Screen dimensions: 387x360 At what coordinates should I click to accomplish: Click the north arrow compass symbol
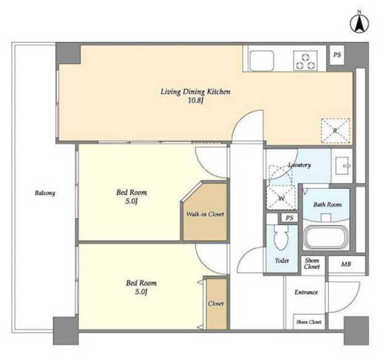pyautogui.click(x=359, y=23)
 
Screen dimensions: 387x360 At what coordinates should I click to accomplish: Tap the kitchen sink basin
pyautogui.click(x=262, y=60)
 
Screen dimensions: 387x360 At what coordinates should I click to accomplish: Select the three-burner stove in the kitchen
pyautogui.click(x=305, y=60)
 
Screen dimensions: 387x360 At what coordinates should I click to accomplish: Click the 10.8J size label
pyautogui.click(x=196, y=101)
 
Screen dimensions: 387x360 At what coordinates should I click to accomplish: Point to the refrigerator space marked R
pyautogui.click(x=335, y=130)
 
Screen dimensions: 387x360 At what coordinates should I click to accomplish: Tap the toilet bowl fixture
pyautogui.click(x=281, y=237)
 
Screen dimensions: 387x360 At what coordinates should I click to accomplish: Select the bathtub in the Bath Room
pyautogui.click(x=326, y=238)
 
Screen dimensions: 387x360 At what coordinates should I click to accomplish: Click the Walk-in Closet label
pyautogui.click(x=205, y=214)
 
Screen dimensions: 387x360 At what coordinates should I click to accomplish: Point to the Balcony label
pyautogui.click(x=45, y=193)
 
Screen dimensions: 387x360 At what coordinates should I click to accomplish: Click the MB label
pyautogui.click(x=346, y=264)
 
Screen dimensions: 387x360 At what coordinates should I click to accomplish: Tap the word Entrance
pyautogui.click(x=306, y=292)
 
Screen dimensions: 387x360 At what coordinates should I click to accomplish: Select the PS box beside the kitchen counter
pyautogui.click(x=337, y=55)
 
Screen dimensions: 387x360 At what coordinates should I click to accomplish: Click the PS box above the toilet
pyautogui.click(x=290, y=218)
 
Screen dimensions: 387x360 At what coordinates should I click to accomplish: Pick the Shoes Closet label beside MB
pyautogui.click(x=312, y=263)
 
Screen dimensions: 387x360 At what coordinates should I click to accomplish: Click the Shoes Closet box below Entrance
pyautogui.click(x=308, y=322)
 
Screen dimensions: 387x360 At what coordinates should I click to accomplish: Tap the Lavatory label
pyautogui.click(x=300, y=165)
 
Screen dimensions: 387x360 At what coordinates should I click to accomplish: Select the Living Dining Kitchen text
pyautogui.click(x=196, y=92)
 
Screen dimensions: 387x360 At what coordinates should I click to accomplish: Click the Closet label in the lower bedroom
pyautogui.click(x=216, y=303)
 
